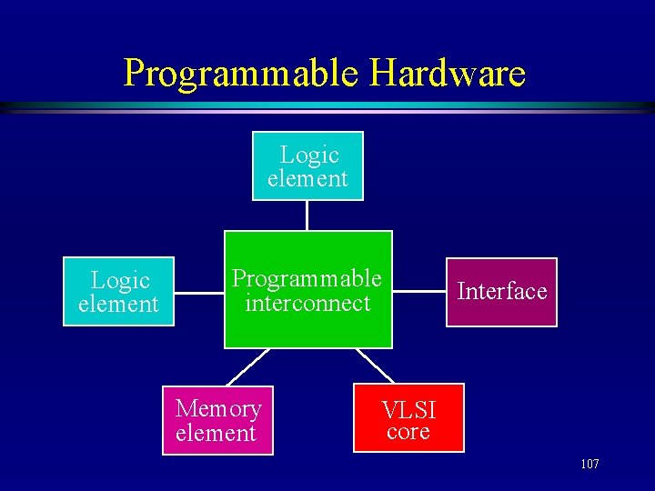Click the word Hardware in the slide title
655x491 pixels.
point(442,73)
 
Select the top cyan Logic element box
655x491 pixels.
point(307,166)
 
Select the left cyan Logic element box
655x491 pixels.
point(118,292)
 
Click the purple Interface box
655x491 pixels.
point(501,292)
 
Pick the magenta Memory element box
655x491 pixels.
point(217,420)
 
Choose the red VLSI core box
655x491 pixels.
point(408,418)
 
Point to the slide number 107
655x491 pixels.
point(589,465)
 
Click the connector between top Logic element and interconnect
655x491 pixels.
point(307,215)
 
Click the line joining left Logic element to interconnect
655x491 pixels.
point(199,292)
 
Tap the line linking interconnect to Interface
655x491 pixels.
point(418,292)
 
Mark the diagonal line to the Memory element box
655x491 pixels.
point(248,366)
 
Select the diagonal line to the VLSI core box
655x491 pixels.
point(375,366)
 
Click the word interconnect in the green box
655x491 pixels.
point(307,303)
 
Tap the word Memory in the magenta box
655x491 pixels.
point(218,409)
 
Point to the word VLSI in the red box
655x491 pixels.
point(408,409)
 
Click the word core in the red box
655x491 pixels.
point(408,432)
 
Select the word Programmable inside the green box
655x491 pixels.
point(307,278)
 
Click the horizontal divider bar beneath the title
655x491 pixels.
point(327,107)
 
